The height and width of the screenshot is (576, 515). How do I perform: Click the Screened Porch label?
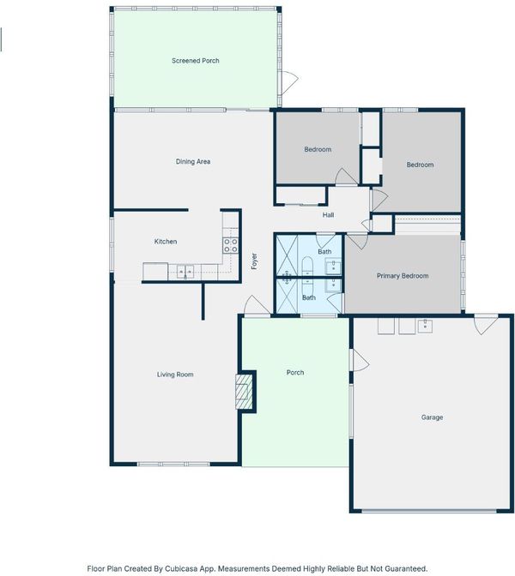196,61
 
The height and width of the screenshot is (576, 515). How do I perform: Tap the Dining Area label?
193,162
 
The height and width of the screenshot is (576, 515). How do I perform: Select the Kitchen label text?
166,242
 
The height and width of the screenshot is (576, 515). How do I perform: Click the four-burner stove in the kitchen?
231,245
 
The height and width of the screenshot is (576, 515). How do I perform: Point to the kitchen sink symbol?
185,272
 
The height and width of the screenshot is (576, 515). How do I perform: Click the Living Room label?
175,375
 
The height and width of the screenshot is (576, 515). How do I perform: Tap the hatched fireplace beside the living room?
244,392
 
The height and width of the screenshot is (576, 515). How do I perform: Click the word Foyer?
254,261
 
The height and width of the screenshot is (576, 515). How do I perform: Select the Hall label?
328,215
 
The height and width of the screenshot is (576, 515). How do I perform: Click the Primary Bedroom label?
403,276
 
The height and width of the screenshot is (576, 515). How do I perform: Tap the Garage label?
432,417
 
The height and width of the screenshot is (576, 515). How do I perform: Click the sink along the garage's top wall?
425,326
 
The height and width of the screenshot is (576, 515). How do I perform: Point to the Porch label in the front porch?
295,373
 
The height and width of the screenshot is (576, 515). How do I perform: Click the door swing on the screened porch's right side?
289,82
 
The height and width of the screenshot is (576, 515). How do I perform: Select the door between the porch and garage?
360,360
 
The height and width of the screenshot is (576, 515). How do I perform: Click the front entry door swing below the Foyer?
257,304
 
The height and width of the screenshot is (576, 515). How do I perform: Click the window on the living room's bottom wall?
173,464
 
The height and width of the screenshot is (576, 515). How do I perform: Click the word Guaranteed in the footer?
406,568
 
